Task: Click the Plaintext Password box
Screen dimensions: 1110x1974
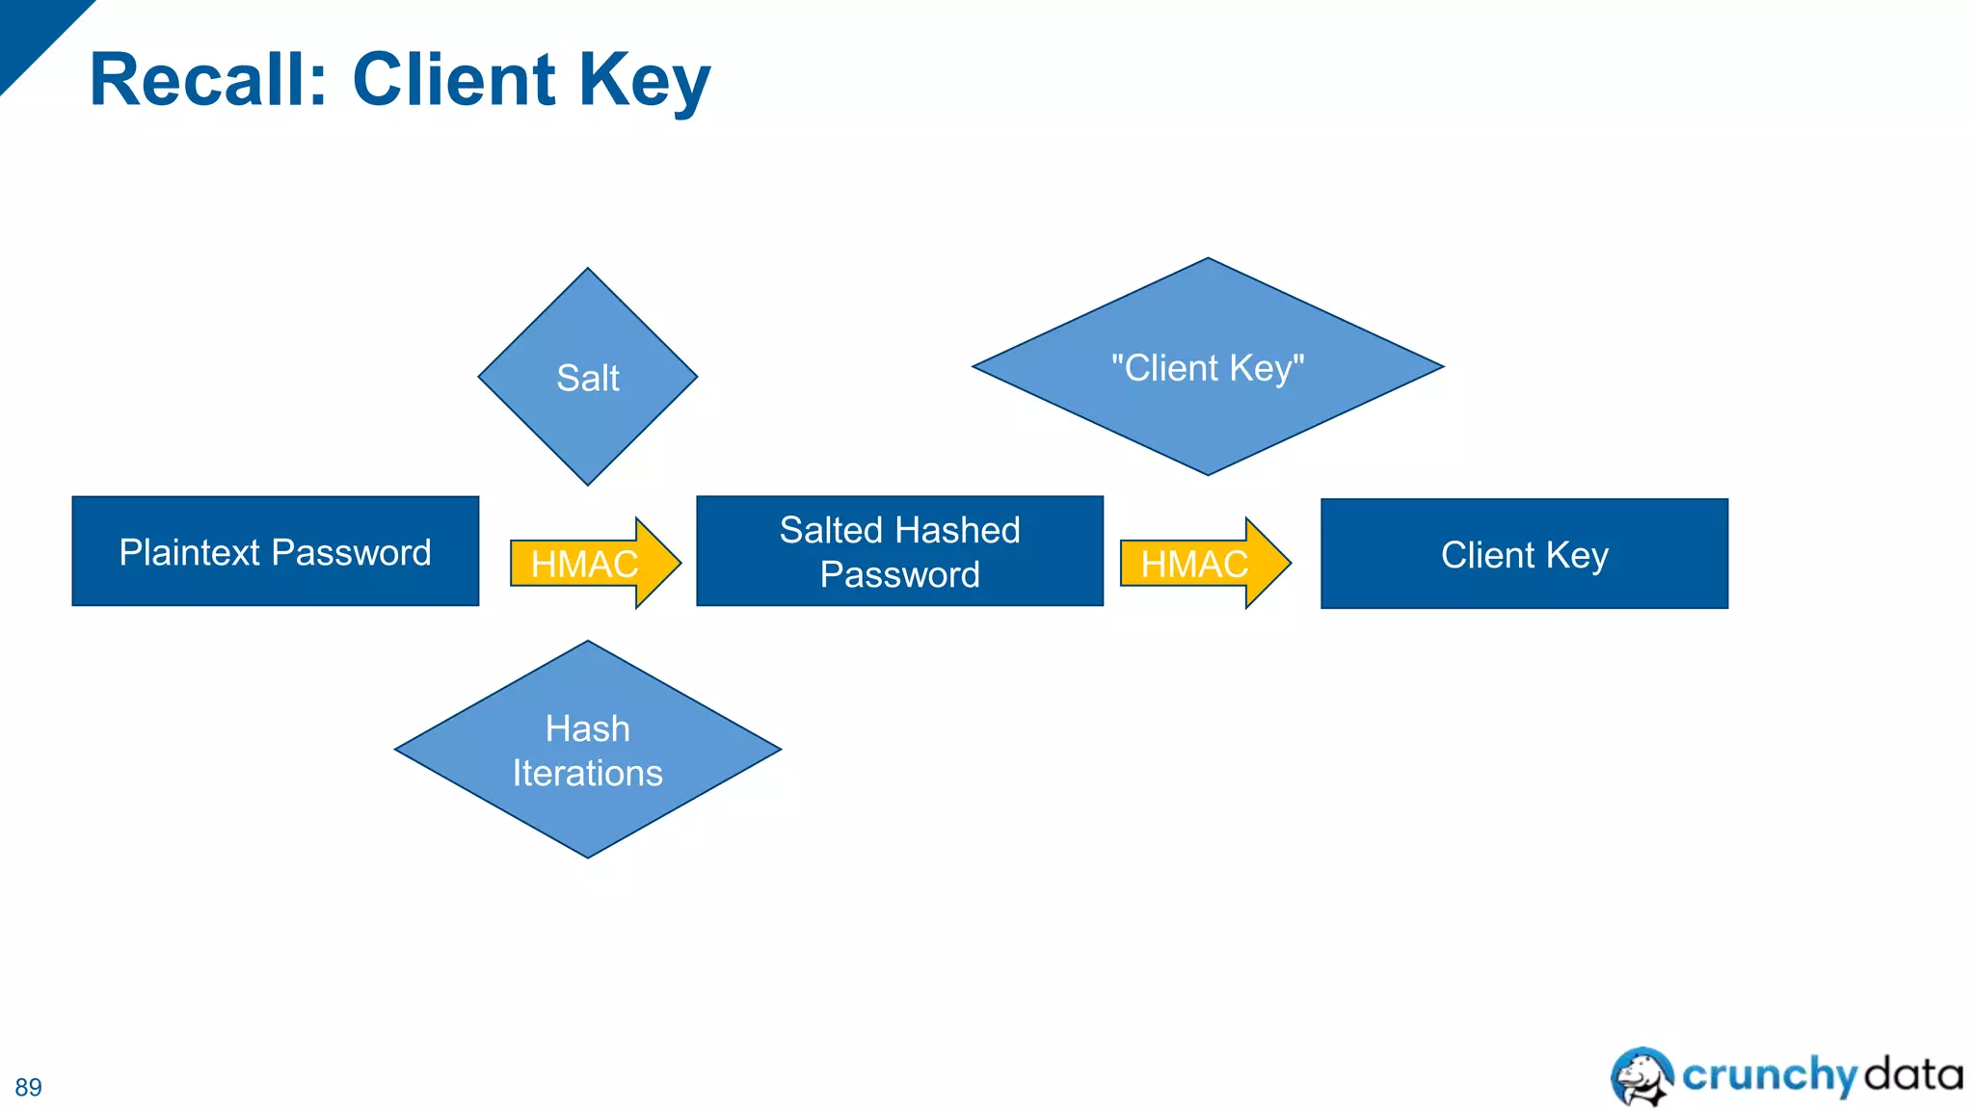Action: [275, 551]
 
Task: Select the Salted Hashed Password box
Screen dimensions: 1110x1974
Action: [899, 551]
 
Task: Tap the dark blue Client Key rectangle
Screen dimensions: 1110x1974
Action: [1524, 554]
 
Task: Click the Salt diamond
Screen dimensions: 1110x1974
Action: [587, 377]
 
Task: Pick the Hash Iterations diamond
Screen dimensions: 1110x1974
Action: [587, 750]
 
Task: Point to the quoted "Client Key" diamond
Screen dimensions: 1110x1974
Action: [1207, 367]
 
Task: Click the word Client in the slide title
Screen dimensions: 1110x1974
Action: [454, 80]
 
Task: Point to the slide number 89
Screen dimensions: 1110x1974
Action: [28, 1087]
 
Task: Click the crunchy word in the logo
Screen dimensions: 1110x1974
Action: [1769, 1074]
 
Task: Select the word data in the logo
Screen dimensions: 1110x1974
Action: [1913, 1073]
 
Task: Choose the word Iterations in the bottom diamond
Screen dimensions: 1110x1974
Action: [587, 773]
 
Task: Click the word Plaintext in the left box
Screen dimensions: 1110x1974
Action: [190, 552]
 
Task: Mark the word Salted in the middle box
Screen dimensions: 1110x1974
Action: [831, 530]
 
